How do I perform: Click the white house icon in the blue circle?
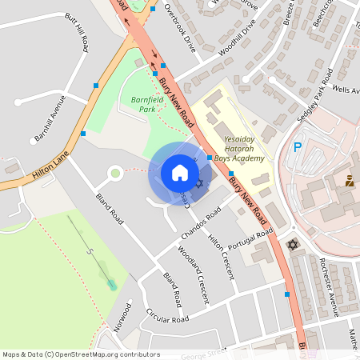180,172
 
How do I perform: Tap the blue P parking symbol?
298,148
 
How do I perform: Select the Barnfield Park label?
138,104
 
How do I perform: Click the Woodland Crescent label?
193,275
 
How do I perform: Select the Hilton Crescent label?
222,257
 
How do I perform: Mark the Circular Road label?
167,318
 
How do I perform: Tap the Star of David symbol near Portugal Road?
292,244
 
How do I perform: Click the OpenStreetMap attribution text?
80,354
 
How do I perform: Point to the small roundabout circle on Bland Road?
114,172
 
